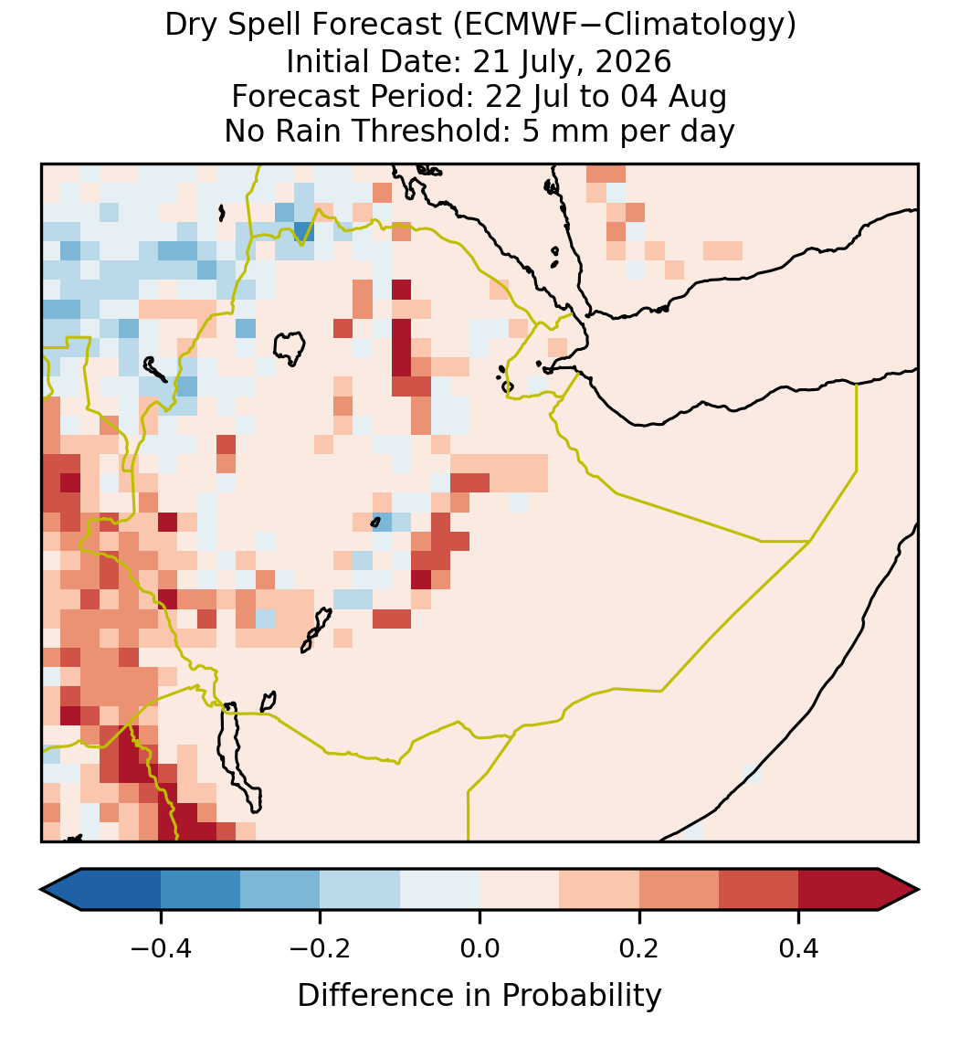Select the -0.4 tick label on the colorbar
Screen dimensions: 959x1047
tap(161, 947)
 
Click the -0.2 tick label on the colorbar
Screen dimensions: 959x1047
tap(321, 947)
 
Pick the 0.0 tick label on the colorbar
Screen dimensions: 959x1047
tap(479, 947)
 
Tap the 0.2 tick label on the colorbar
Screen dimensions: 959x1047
tap(639, 947)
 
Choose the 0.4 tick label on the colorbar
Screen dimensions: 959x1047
tap(799, 947)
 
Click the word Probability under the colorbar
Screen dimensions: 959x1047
tap(581, 996)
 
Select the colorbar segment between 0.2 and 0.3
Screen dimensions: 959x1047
tap(679, 890)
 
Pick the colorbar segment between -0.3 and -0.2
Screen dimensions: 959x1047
tap(280, 890)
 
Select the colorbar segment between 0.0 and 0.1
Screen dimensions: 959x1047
tap(520, 890)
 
